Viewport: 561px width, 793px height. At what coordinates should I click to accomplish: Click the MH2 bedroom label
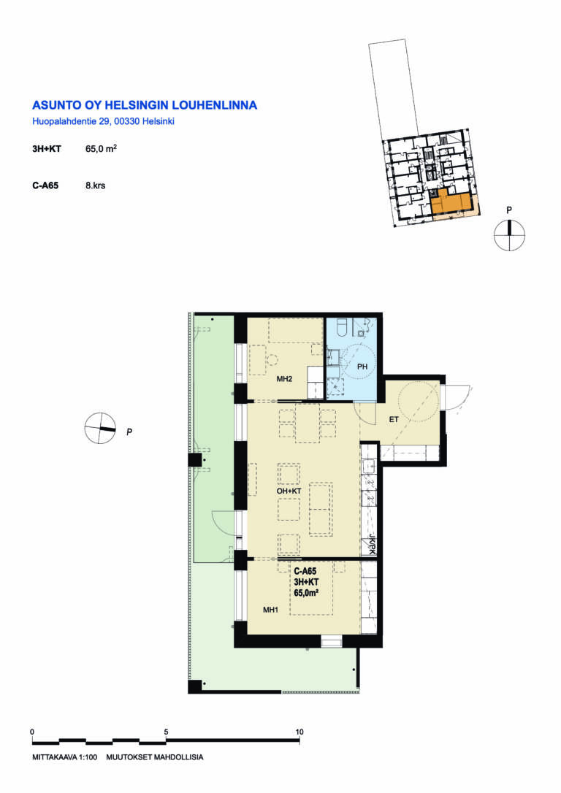point(284,379)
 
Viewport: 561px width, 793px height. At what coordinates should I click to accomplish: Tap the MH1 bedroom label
point(270,610)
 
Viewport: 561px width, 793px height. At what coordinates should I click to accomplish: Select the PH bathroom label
point(362,366)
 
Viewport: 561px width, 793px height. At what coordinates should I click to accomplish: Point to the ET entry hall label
point(394,419)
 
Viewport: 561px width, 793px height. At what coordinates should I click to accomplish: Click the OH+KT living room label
point(289,491)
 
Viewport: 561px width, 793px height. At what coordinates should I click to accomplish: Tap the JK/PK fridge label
point(372,544)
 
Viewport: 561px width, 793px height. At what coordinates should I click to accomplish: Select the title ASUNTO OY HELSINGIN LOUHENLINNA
point(145,105)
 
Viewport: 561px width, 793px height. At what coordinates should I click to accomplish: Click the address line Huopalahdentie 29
point(104,121)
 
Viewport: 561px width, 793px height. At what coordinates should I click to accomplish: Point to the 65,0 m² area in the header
point(102,149)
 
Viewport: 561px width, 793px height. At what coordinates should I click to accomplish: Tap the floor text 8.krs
point(96,185)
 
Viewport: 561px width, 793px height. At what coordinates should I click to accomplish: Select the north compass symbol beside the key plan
point(509,236)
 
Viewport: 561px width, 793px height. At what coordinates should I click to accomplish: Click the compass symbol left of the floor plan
point(100,429)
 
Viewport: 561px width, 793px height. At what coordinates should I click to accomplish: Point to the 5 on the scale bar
point(166,732)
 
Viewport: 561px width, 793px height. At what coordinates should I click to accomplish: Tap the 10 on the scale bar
point(299,732)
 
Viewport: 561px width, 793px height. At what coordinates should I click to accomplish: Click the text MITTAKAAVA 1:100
point(65,757)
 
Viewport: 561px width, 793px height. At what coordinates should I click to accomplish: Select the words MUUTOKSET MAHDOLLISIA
point(155,757)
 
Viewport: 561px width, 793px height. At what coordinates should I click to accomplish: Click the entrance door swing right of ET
point(457,399)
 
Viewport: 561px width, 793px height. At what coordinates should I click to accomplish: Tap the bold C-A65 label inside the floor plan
point(305,571)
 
